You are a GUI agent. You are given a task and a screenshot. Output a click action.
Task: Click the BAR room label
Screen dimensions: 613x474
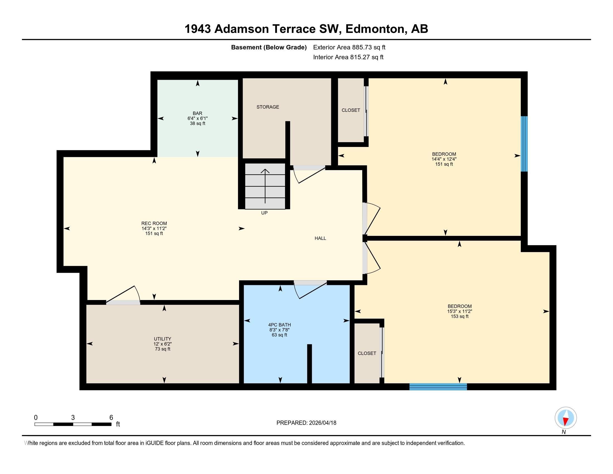[197, 113]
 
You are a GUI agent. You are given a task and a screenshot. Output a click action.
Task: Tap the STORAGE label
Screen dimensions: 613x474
[268, 107]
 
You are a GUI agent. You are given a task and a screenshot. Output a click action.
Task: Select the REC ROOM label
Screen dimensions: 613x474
[154, 224]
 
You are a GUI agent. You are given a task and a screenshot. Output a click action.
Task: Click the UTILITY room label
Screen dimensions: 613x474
[162, 339]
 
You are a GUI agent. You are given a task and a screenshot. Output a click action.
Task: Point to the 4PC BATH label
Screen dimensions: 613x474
[279, 325]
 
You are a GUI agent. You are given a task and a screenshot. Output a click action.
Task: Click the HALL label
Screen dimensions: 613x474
[320, 238]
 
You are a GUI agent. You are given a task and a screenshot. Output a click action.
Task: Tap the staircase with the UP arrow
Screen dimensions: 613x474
[265, 186]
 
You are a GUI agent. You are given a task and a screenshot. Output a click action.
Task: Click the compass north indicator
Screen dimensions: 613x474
[566, 418]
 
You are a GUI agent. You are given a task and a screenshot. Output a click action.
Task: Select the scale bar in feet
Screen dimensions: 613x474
[73, 424]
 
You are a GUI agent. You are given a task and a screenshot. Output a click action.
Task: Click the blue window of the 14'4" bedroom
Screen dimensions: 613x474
[524, 144]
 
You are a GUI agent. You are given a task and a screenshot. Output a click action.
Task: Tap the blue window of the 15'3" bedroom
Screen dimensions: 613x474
[438, 387]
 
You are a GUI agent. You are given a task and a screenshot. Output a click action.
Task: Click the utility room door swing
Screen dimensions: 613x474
[123, 294]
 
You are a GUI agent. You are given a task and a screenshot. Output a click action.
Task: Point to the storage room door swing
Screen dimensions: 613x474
[309, 174]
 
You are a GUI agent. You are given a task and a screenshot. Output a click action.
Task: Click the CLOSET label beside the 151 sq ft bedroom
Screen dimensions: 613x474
[351, 110]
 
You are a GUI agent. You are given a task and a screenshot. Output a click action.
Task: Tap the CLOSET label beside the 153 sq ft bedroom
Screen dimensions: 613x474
[367, 353]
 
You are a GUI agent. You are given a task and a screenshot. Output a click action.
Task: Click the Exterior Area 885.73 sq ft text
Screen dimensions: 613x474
[349, 47]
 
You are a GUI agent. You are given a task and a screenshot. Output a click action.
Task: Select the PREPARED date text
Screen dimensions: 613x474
[306, 423]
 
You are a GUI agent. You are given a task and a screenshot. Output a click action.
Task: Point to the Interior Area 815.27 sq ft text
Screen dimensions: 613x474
[348, 57]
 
